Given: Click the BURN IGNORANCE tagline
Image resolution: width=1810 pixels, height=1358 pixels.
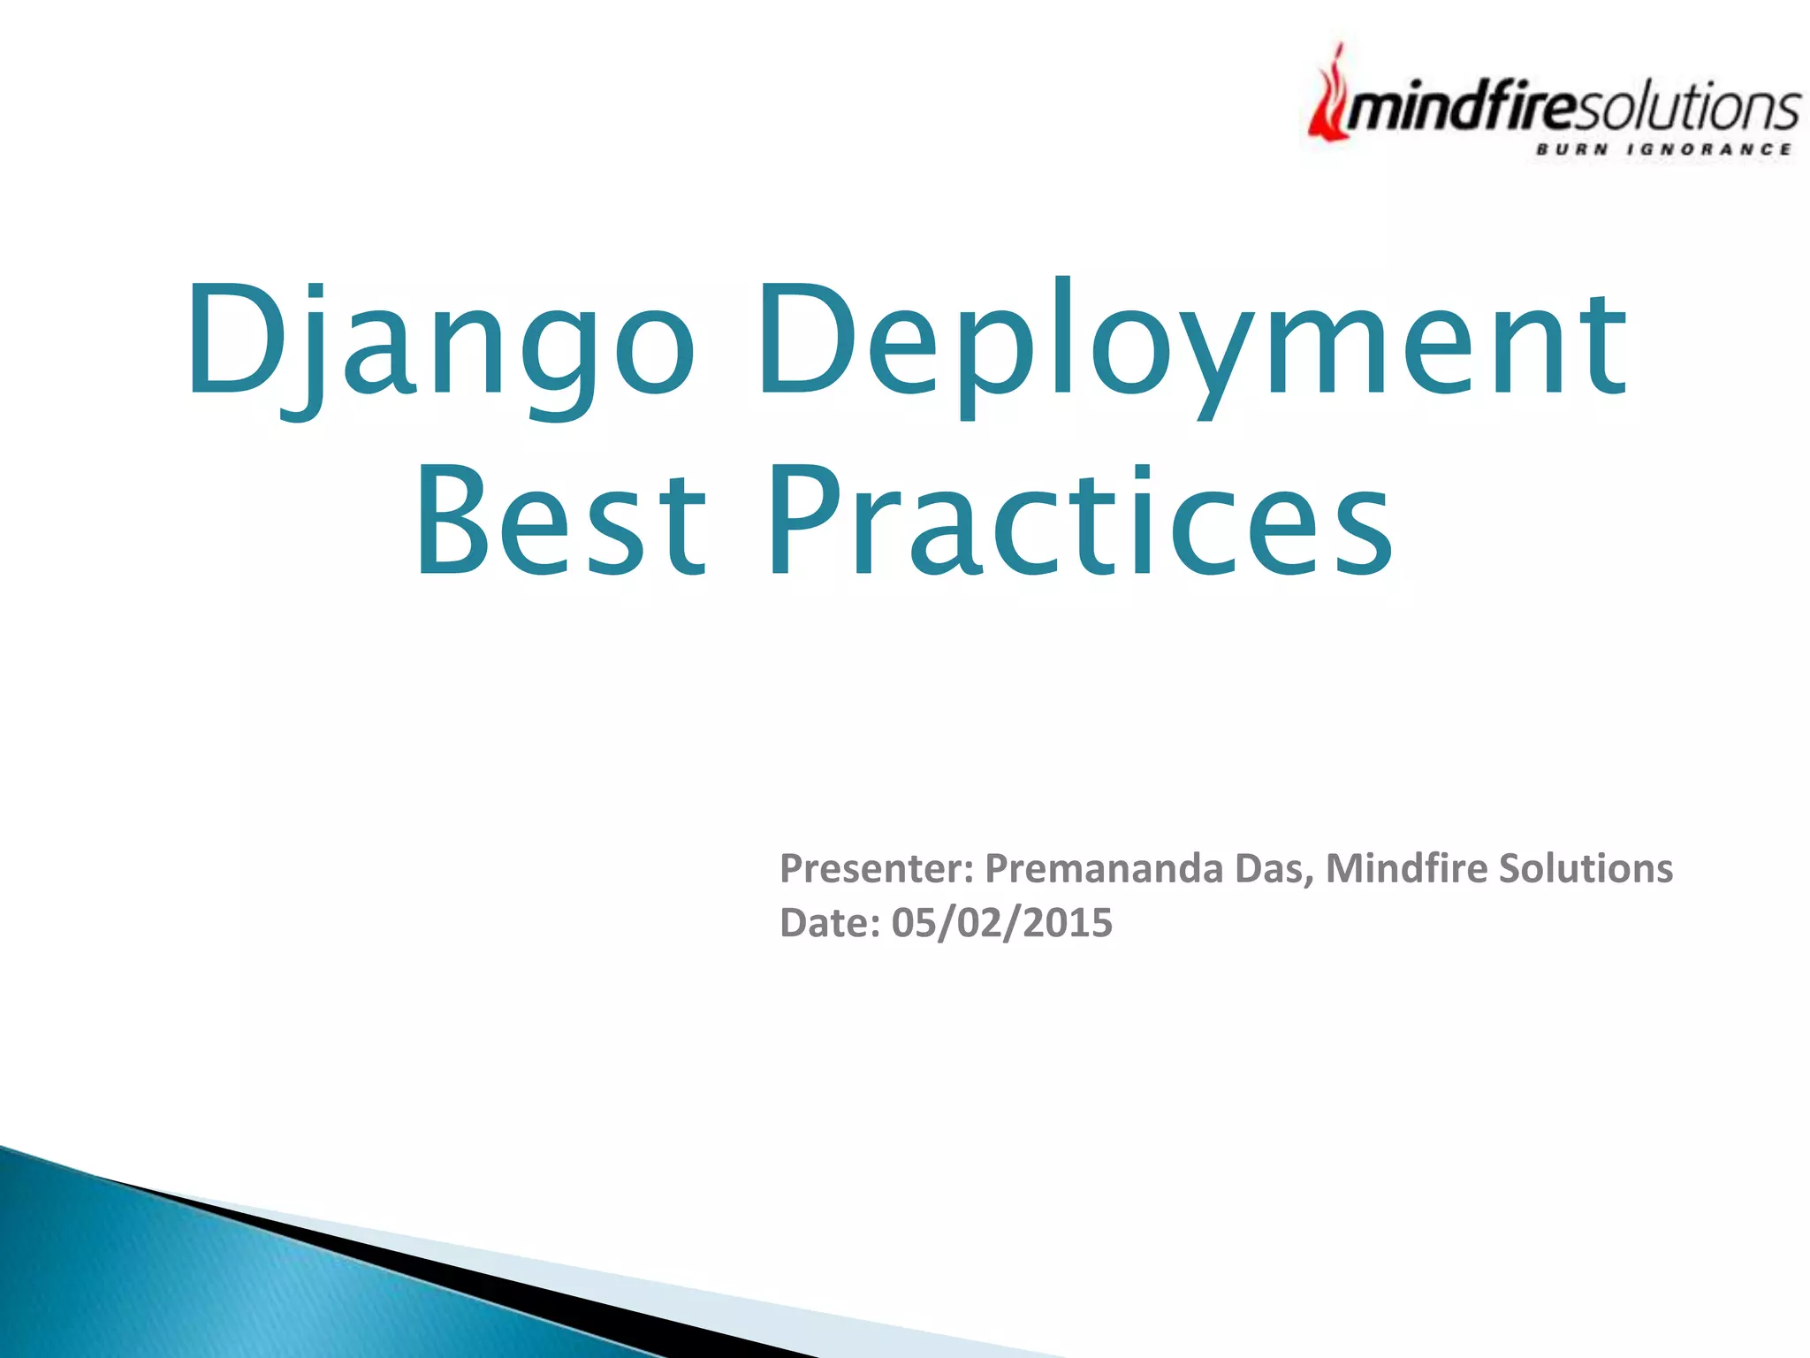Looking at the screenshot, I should tap(1662, 149).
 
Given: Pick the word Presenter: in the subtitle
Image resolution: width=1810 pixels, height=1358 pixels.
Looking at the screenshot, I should tap(876, 868).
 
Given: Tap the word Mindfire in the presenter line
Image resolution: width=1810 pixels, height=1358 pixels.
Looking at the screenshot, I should tap(1406, 868).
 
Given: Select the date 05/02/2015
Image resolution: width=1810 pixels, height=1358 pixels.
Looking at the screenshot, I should tap(1001, 923).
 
